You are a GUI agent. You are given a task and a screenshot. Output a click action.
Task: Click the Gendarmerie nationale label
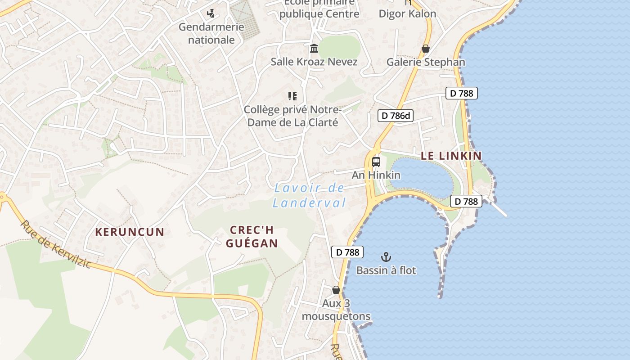click(x=211, y=33)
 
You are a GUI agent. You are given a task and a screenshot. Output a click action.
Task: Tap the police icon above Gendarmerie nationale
click(x=211, y=13)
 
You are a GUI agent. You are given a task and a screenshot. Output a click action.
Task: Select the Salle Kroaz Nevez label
click(x=314, y=62)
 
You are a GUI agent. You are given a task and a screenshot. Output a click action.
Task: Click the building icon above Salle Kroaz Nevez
click(x=314, y=48)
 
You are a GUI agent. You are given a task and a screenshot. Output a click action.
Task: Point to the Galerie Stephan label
click(x=426, y=62)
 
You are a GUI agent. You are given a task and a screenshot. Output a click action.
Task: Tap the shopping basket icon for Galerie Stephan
click(x=426, y=49)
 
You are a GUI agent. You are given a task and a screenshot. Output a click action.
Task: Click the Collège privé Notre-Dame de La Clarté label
click(x=293, y=116)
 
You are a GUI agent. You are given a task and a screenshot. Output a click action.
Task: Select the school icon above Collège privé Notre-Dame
click(x=292, y=96)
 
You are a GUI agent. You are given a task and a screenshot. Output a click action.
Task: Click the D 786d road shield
click(x=395, y=116)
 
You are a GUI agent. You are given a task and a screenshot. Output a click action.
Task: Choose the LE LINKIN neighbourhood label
click(x=451, y=156)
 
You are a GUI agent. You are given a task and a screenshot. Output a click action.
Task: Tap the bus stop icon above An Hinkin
click(x=376, y=162)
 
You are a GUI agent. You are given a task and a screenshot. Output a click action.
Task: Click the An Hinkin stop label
click(x=376, y=175)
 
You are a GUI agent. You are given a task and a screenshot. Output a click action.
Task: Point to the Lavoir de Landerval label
click(x=310, y=195)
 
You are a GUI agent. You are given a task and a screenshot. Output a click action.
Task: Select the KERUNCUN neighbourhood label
click(x=130, y=232)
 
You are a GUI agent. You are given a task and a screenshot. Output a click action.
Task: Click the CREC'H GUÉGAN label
click(x=252, y=237)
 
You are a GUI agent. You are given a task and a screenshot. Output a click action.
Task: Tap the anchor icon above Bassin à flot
click(x=386, y=257)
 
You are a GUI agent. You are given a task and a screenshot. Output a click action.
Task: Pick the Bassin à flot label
click(x=386, y=270)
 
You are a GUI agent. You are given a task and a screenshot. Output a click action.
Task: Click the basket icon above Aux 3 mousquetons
click(x=336, y=290)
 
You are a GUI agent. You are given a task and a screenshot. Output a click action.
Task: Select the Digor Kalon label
click(x=407, y=13)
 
